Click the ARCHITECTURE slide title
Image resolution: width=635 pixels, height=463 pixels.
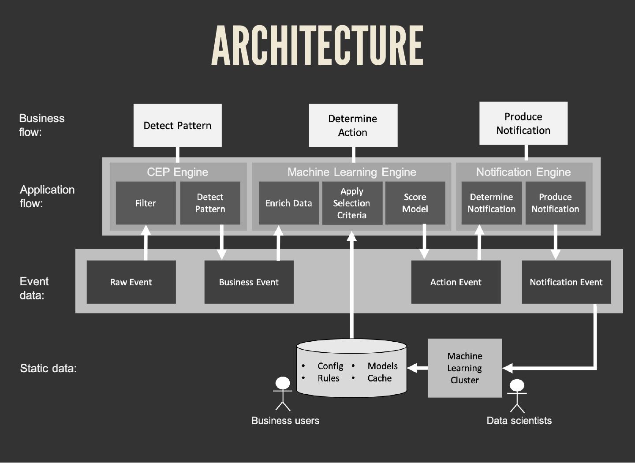[317, 45]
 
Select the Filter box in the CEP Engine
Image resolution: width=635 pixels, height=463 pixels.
[146, 203]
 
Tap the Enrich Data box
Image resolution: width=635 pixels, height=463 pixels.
[289, 203]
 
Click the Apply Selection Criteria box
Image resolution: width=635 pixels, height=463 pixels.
[352, 203]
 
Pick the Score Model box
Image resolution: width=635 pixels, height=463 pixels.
[415, 203]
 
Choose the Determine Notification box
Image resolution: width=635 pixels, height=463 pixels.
[491, 203]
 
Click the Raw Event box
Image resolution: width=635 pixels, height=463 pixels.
[131, 282]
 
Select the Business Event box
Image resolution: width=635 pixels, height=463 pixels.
[249, 282]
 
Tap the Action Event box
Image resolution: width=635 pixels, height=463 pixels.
[456, 282]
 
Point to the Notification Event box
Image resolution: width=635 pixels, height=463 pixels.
[566, 282]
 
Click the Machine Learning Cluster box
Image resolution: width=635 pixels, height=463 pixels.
[465, 368]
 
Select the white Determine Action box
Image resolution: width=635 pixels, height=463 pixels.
[353, 126]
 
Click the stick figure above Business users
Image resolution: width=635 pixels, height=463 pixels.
[283, 393]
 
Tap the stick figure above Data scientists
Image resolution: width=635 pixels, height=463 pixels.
[517, 396]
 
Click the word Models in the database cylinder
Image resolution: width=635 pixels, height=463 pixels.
[382, 366]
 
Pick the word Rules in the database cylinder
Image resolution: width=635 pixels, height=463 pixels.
[329, 378]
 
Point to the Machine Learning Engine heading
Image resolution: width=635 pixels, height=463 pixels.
[351, 172]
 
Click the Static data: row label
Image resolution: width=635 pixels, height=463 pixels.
[49, 369]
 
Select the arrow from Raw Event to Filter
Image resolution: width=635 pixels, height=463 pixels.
[146, 243]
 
